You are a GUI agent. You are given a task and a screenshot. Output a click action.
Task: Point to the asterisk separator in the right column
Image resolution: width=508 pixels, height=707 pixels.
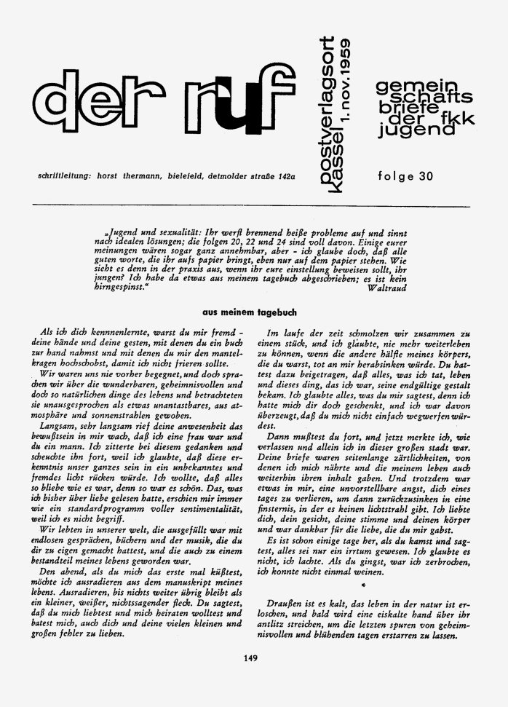coord(362,585)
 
